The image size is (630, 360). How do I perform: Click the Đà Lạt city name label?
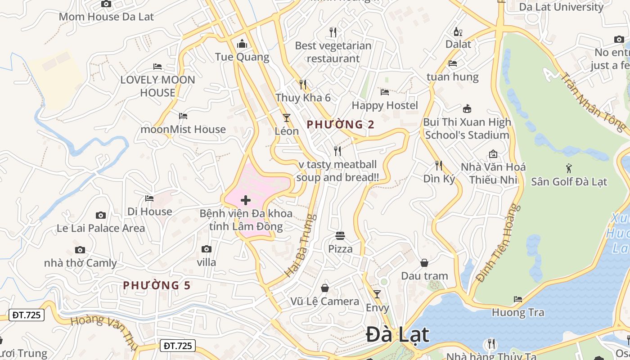397,335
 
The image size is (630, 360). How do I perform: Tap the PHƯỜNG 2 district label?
340,125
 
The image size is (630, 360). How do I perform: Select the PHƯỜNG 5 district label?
157,285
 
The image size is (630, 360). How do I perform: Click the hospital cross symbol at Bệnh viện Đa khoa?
246,200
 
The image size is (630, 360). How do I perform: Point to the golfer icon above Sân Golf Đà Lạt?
569,169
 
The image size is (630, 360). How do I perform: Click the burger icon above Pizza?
340,236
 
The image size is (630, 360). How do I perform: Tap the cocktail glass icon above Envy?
377,294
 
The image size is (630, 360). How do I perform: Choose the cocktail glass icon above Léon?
287,118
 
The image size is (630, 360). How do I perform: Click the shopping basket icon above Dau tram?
424,263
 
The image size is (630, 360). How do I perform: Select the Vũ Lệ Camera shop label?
324,301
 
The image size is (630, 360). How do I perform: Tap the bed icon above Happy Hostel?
385,92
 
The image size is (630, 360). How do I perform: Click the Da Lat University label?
561,7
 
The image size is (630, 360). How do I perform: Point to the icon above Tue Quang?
242,44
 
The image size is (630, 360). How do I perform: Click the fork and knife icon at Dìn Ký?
439,166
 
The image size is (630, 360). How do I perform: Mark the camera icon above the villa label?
207,249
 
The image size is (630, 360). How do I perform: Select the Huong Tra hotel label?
518,312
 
